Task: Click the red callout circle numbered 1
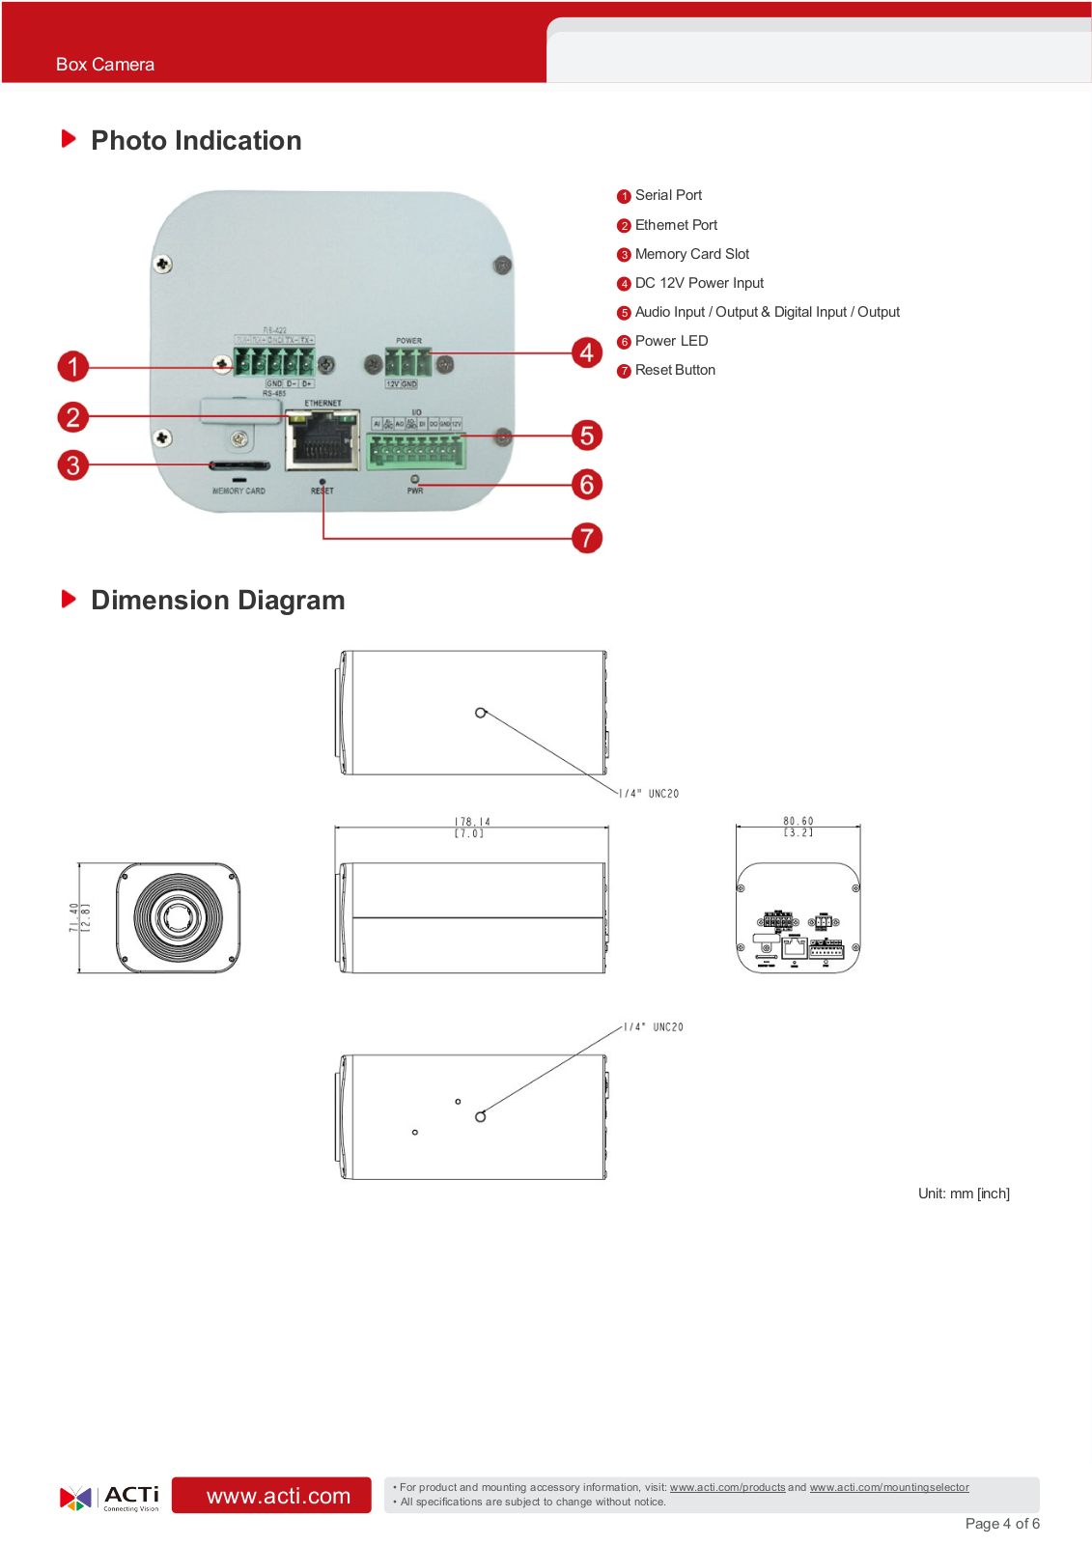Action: pyautogui.click(x=72, y=367)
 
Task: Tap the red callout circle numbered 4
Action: pyautogui.click(x=586, y=352)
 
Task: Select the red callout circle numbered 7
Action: pyautogui.click(x=586, y=538)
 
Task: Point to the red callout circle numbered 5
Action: pyautogui.click(x=586, y=435)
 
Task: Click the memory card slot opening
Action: pyautogui.click(x=239, y=465)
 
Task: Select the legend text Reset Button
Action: pyautogui.click(x=675, y=370)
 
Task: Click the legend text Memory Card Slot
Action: pyautogui.click(x=691, y=254)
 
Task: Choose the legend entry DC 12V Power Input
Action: pyautogui.click(x=699, y=283)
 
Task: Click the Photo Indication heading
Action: pyautogui.click(x=196, y=141)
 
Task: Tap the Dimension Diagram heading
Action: pyautogui.click(x=217, y=601)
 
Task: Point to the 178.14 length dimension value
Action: pyautogui.click(x=472, y=823)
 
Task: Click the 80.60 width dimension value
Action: pyautogui.click(x=798, y=822)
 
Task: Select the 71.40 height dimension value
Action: pyautogui.click(x=74, y=917)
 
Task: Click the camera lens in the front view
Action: pyautogui.click(x=179, y=916)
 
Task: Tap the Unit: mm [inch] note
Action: pyautogui.click(x=964, y=1194)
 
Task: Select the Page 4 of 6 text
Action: pyautogui.click(x=1002, y=1524)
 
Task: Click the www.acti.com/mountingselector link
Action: pyautogui.click(x=888, y=1487)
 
